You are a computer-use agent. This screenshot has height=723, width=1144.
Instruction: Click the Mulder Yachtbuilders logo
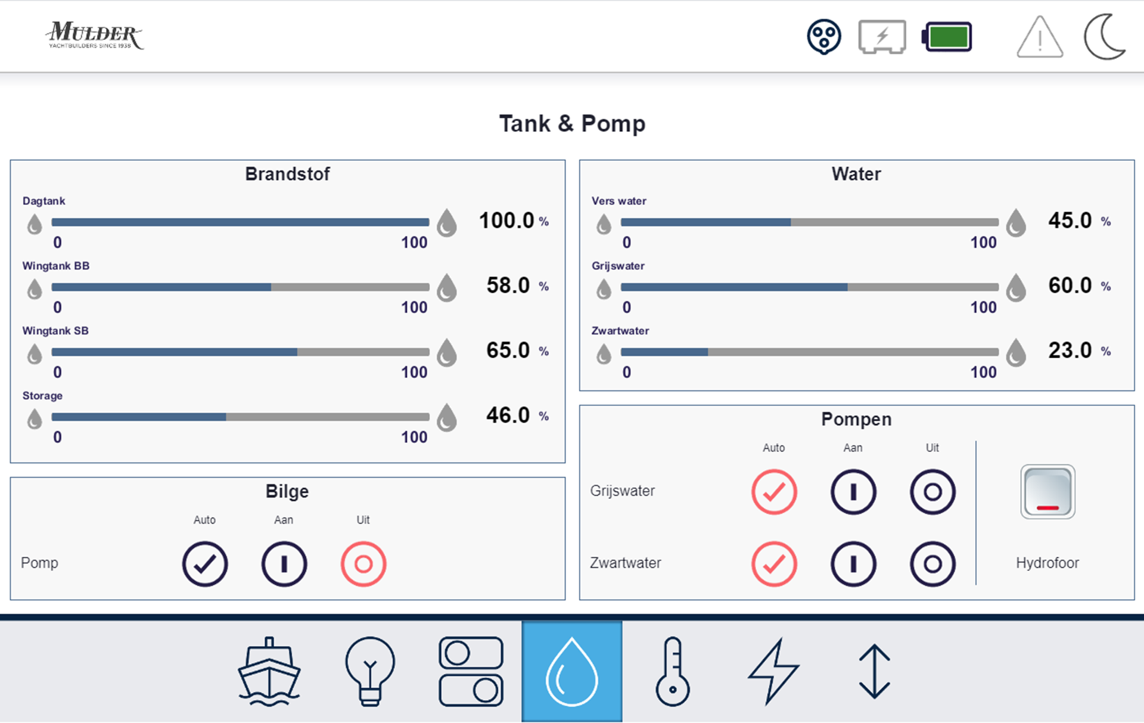(94, 36)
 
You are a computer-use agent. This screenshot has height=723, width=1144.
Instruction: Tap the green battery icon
(947, 37)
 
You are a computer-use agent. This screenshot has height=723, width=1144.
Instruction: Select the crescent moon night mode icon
(1104, 37)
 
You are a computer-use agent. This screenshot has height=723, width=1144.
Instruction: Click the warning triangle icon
(1040, 38)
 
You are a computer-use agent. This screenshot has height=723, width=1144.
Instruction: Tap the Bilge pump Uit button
(363, 564)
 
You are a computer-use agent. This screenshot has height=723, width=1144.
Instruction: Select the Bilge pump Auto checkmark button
(205, 564)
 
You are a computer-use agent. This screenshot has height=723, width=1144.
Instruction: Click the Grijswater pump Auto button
(774, 492)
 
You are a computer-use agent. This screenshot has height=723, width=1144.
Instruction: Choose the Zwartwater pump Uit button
(932, 564)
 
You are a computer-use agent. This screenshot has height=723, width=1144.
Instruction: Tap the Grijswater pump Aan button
(853, 492)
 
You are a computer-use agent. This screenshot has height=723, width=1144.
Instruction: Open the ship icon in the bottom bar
(269, 671)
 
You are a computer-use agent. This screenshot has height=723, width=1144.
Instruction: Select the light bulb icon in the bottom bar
(370, 671)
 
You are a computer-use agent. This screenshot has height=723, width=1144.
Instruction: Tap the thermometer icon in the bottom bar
(673, 671)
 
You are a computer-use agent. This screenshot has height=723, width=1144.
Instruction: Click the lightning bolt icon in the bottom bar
(773, 671)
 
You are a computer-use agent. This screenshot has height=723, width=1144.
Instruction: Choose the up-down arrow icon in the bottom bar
(874, 671)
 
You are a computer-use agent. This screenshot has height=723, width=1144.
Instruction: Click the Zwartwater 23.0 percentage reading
(1070, 350)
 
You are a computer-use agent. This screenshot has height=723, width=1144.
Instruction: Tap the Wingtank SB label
(55, 331)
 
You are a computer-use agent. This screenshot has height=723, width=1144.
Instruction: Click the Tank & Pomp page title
(572, 123)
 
